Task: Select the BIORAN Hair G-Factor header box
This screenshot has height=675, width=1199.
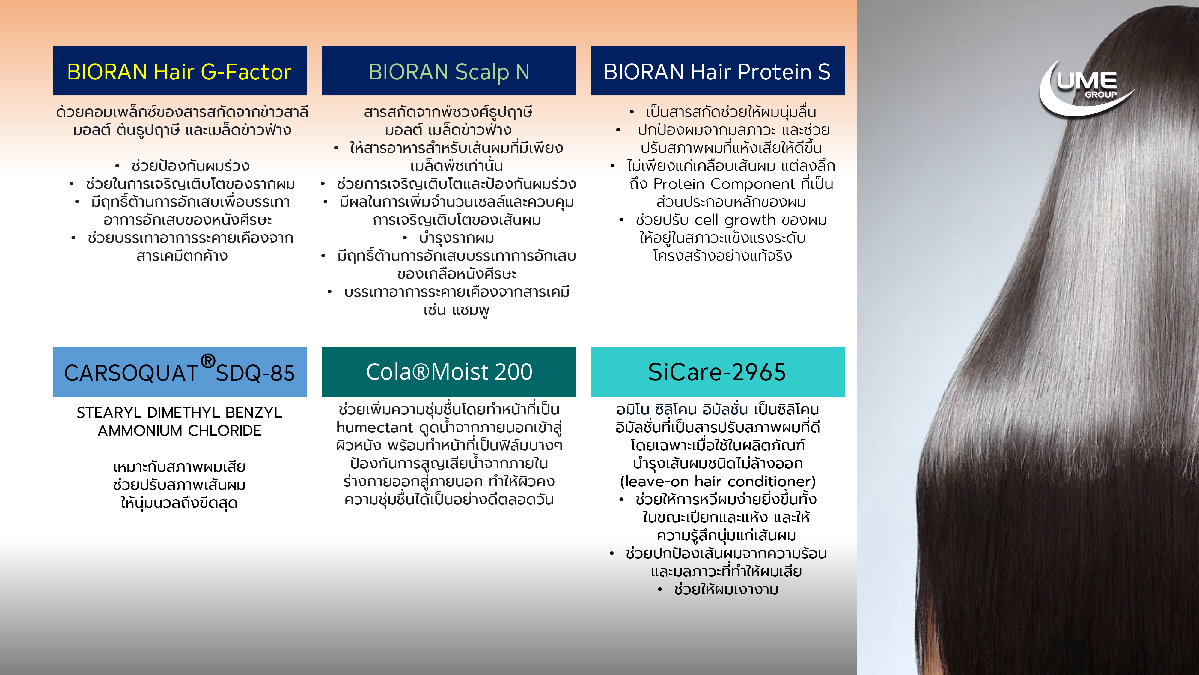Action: [180, 71]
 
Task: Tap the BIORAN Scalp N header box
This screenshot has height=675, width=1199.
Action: [449, 71]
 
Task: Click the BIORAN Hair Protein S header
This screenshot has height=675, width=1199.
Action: [718, 71]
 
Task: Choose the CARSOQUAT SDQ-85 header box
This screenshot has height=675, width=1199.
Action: [180, 372]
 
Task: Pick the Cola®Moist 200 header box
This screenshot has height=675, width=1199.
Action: [449, 372]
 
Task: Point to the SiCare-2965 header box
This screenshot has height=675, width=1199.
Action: [718, 372]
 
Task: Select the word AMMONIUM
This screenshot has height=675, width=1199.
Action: [140, 430]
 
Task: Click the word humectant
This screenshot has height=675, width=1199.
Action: [375, 427]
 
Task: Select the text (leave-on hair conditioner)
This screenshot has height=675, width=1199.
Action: [718, 481]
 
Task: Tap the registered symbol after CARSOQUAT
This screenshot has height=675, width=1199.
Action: [208, 361]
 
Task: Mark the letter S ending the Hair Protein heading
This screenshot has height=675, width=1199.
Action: [824, 72]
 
